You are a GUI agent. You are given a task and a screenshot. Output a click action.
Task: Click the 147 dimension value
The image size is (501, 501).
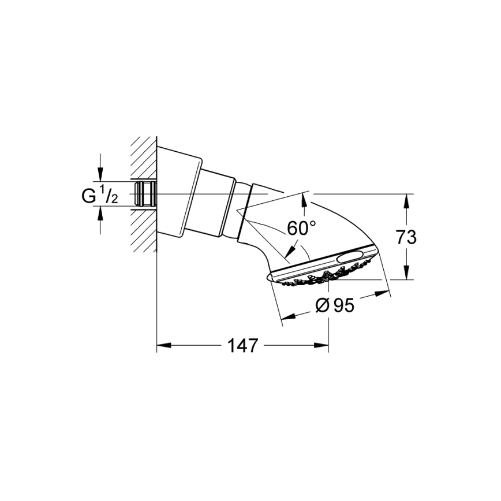(x=241, y=346)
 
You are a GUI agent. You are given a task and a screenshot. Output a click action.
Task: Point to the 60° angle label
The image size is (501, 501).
(x=302, y=228)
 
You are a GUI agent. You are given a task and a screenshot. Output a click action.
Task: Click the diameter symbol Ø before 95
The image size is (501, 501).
(x=323, y=305)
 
